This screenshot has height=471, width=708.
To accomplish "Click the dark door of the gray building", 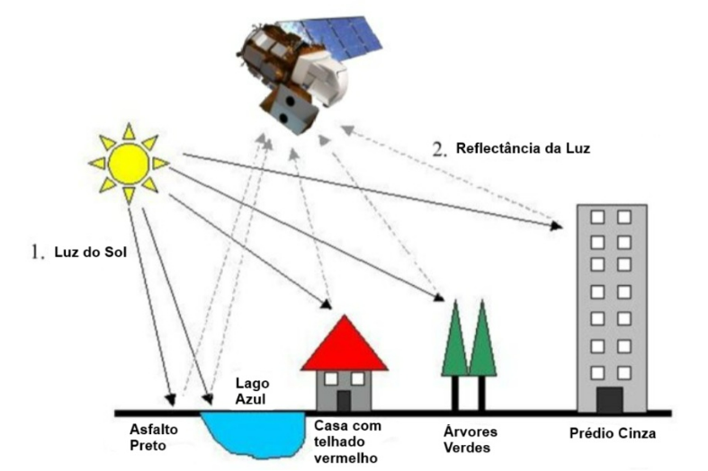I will pyautogui.click(x=610, y=399).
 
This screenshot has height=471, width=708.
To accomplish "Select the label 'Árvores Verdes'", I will pyautogui.click(x=471, y=439).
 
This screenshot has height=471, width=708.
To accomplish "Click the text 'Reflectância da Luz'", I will pyautogui.click(x=523, y=147).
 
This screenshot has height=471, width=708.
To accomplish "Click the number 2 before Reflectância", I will pyautogui.click(x=439, y=147).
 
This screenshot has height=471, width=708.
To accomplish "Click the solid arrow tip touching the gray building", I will pyautogui.click(x=559, y=227).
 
